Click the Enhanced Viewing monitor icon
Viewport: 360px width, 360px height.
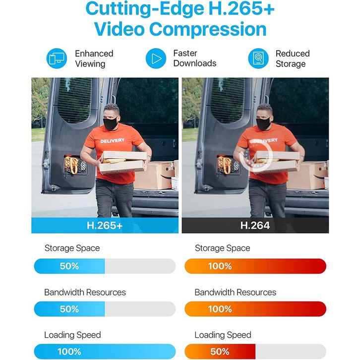(x=56, y=59)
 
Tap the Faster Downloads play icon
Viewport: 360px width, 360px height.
(x=156, y=59)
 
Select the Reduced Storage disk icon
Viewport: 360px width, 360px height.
(x=258, y=59)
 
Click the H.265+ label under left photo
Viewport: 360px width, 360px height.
(x=105, y=226)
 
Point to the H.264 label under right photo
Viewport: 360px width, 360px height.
(x=255, y=226)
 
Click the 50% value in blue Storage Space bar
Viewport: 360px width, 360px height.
(x=69, y=266)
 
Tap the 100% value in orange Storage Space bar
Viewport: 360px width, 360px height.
(x=220, y=266)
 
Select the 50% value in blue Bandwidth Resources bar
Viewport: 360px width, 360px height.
(x=69, y=309)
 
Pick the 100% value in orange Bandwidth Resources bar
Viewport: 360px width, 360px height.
(x=220, y=309)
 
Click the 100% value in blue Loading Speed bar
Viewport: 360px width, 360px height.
(x=69, y=352)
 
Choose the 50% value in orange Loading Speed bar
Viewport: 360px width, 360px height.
(x=220, y=352)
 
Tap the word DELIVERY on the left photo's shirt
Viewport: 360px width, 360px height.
(x=113, y=141)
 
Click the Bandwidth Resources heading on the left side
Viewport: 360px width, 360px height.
(x=85, y=292)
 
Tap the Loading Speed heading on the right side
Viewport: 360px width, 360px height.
(x=223, y=335)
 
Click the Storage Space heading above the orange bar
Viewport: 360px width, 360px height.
(x=222, y=248)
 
